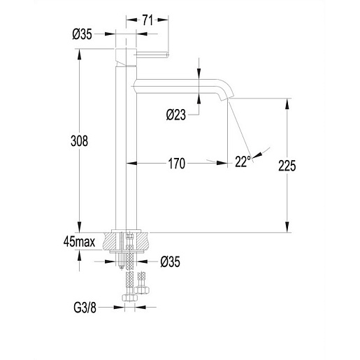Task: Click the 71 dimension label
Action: click(147, 20)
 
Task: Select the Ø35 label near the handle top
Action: click(82, 34)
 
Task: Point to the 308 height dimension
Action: click(79, 141)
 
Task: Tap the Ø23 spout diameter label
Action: click(176, 115)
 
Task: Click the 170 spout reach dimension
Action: click(177, 164)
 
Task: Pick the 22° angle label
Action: click(243, 161)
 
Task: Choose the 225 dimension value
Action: click(287, 166)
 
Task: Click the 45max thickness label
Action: click(79, 242)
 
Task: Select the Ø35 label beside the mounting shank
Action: click(171, 261)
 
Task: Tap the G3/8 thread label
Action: click(85, 308)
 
